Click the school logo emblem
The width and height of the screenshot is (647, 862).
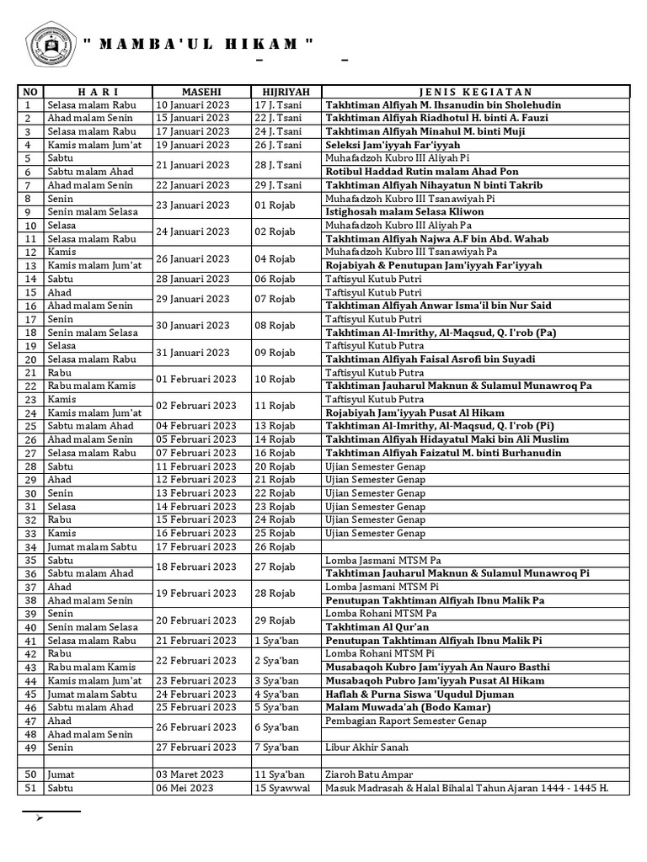tap(47, 45)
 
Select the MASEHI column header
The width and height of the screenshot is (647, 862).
tap(201, 92)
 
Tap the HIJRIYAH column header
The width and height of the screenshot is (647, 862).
tap(286, 92)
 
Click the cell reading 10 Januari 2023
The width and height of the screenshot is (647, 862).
tap(192, 105)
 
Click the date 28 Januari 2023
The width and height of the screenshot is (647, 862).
tap(192, 279)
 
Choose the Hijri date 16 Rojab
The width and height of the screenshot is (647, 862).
tap(275, 453)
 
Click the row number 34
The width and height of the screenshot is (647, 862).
tap(31, 546)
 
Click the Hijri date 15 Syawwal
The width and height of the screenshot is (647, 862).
tap(282, 788)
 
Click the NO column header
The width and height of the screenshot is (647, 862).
tap(31, 92)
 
